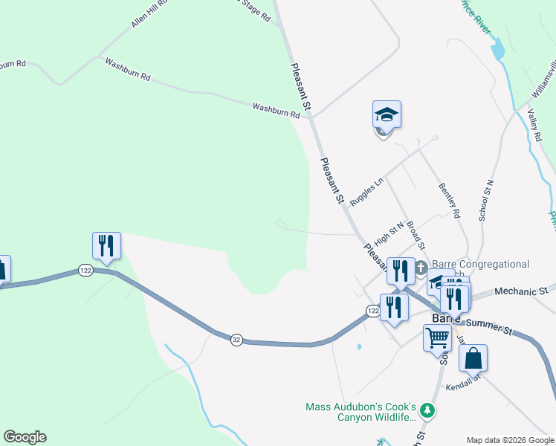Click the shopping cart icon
click(437, 338)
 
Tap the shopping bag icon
click(473, 358)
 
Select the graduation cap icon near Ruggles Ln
click(387, 114)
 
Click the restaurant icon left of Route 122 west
click(106, 246)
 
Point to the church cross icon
click(421, 268)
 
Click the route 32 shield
click(236, 339)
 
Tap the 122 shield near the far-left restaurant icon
click(85, 271)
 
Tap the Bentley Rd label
click(450, 200)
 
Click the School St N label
click(488, 199)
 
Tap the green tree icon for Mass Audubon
click(427, 410)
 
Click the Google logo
click(25, 437)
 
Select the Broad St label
click(416, 235)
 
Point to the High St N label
click(389, 233)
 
